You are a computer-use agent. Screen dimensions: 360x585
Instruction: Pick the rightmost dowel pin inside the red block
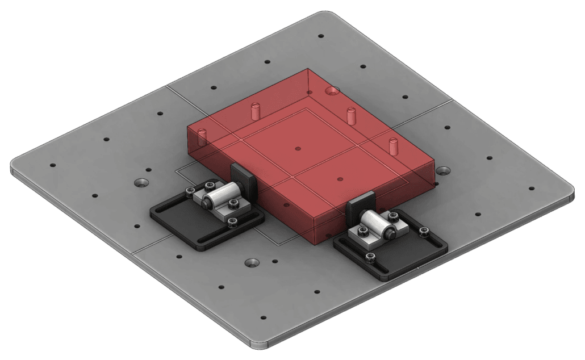[392, 145]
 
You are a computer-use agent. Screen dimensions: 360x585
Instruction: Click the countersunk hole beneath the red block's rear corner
[331, 90]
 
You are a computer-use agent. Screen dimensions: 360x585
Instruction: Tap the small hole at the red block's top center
[299, 148]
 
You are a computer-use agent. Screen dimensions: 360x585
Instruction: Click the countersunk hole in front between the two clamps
[252, 263]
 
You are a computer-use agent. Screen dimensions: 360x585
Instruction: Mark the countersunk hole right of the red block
[442, 170]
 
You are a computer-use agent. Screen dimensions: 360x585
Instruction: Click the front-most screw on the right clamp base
[370, 259]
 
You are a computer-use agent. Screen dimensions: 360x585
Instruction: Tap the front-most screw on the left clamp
[232, 221]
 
